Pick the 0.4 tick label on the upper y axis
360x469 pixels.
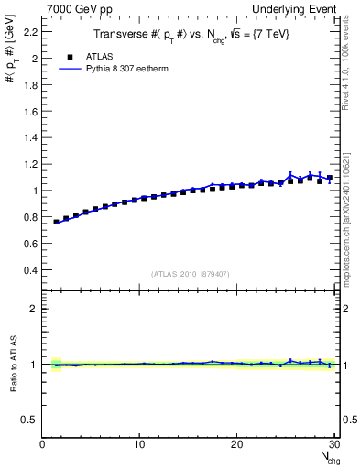coord(29,270)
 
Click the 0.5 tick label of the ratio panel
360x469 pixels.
coord(29,420)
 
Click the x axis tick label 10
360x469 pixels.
coord(139,445)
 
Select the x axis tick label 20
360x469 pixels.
coord(236,445)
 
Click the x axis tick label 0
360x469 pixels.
coord(43,445)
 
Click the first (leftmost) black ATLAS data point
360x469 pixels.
coord(57,222)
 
